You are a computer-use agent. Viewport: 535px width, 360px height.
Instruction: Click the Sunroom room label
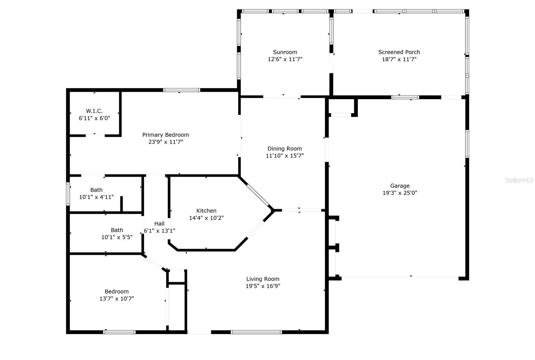(285, 52)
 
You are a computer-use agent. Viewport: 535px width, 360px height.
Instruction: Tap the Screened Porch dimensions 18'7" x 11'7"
(399, 60)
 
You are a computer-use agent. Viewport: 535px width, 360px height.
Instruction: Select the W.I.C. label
(94, 111)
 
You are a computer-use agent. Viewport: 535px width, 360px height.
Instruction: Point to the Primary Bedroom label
(166, 135)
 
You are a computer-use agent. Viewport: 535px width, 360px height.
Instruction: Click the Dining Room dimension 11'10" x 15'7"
(285, 156)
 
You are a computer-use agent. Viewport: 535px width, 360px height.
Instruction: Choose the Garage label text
(400, 186)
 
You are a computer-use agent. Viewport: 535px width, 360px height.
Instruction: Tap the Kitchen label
(206, 211)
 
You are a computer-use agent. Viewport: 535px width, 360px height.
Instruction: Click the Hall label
(159, 224)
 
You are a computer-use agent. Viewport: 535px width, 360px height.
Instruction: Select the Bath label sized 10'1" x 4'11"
(96, 190)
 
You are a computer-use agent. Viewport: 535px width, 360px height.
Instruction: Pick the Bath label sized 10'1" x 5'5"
(117, 230)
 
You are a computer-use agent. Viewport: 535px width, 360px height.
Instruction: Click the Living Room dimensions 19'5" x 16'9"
(263, 286)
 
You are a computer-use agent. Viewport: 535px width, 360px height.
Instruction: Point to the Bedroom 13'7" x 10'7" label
(116, 292)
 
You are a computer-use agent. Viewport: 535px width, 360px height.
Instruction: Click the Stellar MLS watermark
(519, 180)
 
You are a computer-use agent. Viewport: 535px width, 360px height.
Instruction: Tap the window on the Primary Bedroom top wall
(182, 90)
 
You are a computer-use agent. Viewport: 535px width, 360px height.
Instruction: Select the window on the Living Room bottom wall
(256, 332)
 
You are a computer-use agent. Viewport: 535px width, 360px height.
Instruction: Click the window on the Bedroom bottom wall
(119, 332)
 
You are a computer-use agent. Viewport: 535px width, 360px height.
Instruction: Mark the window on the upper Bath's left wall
(68, 194)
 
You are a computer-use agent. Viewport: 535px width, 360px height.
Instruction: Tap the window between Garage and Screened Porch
(405, 97)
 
